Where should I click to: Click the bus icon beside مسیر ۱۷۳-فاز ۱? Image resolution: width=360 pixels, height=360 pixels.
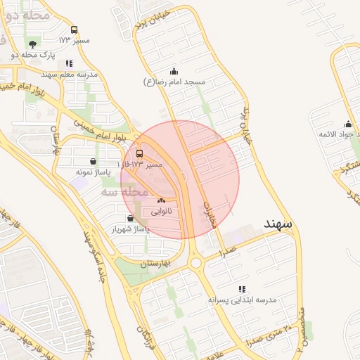point(139,154)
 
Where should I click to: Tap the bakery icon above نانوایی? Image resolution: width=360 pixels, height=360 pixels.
point(161,201)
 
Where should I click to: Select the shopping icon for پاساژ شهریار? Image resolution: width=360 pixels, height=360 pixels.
point(131,218)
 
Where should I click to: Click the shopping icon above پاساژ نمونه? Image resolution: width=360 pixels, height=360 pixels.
point(94,162)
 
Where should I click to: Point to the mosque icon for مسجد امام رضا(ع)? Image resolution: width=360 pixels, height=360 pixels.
point(174,72)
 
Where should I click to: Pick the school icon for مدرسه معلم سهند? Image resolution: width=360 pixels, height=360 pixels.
point(68,63)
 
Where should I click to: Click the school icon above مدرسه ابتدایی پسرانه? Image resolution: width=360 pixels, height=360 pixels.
point(243,288)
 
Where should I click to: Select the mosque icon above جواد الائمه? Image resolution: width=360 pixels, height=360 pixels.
point(347,124)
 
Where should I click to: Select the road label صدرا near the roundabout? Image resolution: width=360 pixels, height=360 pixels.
point(226,251)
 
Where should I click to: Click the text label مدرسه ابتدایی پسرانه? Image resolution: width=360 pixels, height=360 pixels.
point(243,300)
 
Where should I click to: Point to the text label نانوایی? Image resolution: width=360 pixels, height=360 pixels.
point(161,211)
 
